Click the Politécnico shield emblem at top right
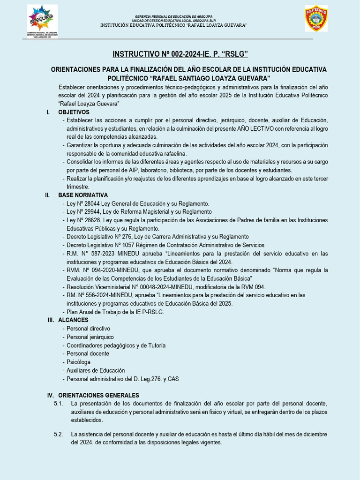pyautogui.click(x=316, y=19)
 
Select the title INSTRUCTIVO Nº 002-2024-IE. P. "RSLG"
pyautogui.click(x=180, y=54)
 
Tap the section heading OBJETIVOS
pyautogui.click(x=74, y=112)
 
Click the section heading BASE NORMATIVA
pyautogui.click(x=83, y=195)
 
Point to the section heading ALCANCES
pyautogui.click(x=73, y=320)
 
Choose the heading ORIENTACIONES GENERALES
pyautogui.click(x=98, y=396)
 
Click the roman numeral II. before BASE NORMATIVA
pyautogui.click(x=47, y=195)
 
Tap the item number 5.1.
pyautogui.click(x=59, y=404)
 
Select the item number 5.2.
pyautogui.click(x=59, y=435)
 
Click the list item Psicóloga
pyautogui.click(x=78, y=362)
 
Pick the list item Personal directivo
pyautogui.click(x=88, y=329)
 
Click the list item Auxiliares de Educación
pyautogui.click(x=96, y=370)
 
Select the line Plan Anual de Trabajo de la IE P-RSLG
pyautogui.click(x=115, y=312)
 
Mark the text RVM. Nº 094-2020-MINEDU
pyautogui.click(x=101, y=270)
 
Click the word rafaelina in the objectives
pyautogui.click(x=173, y=154)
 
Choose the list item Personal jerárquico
pyautogui.click(x=90, y=337)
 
